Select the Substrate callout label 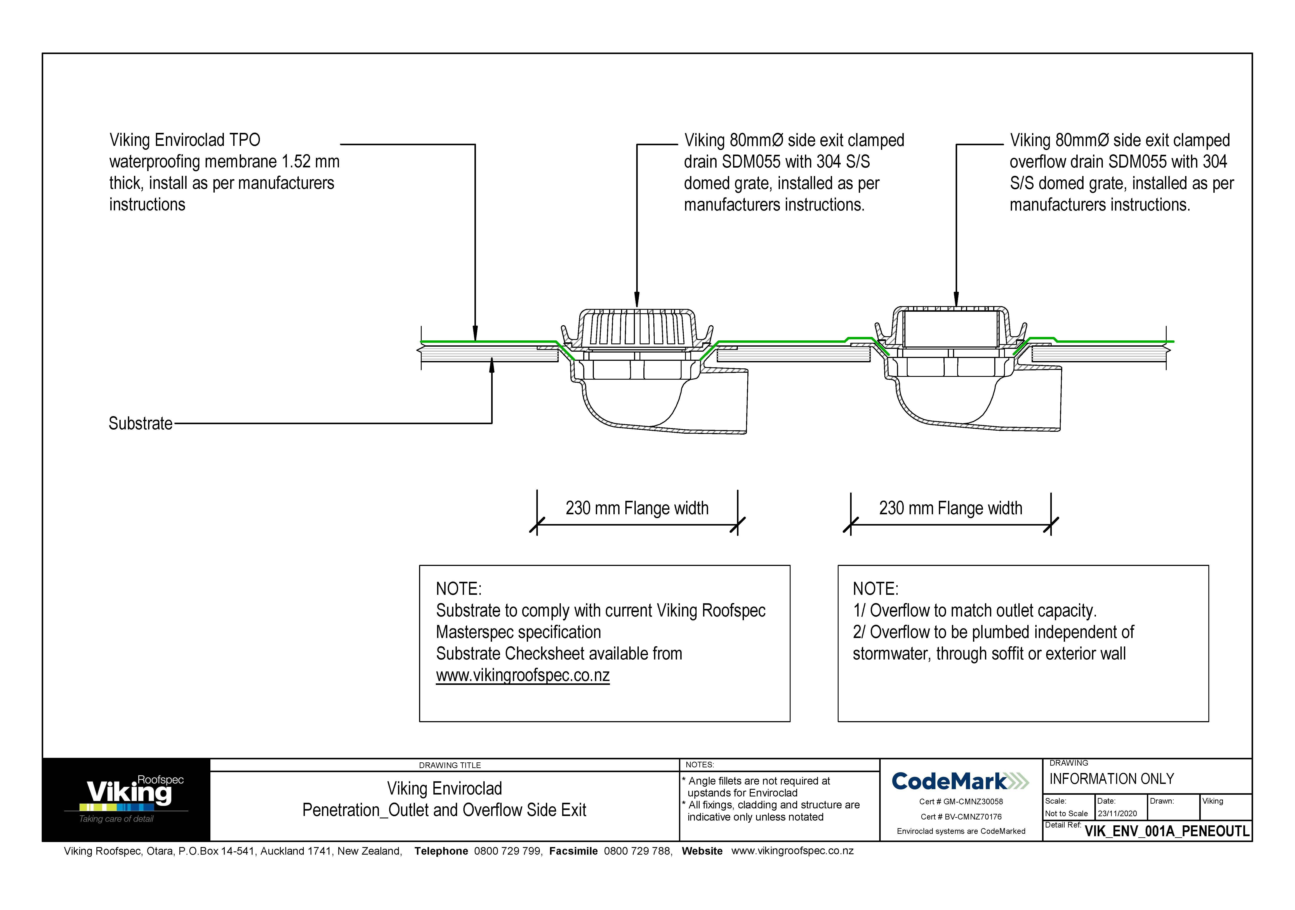[140, 424]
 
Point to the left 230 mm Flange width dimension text [637, 508]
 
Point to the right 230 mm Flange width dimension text [950, 508]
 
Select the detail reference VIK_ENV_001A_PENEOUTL [1166, 831]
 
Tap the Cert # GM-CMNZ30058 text [961, 801]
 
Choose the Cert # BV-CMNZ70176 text [961, 816]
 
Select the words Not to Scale [1066, 814]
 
